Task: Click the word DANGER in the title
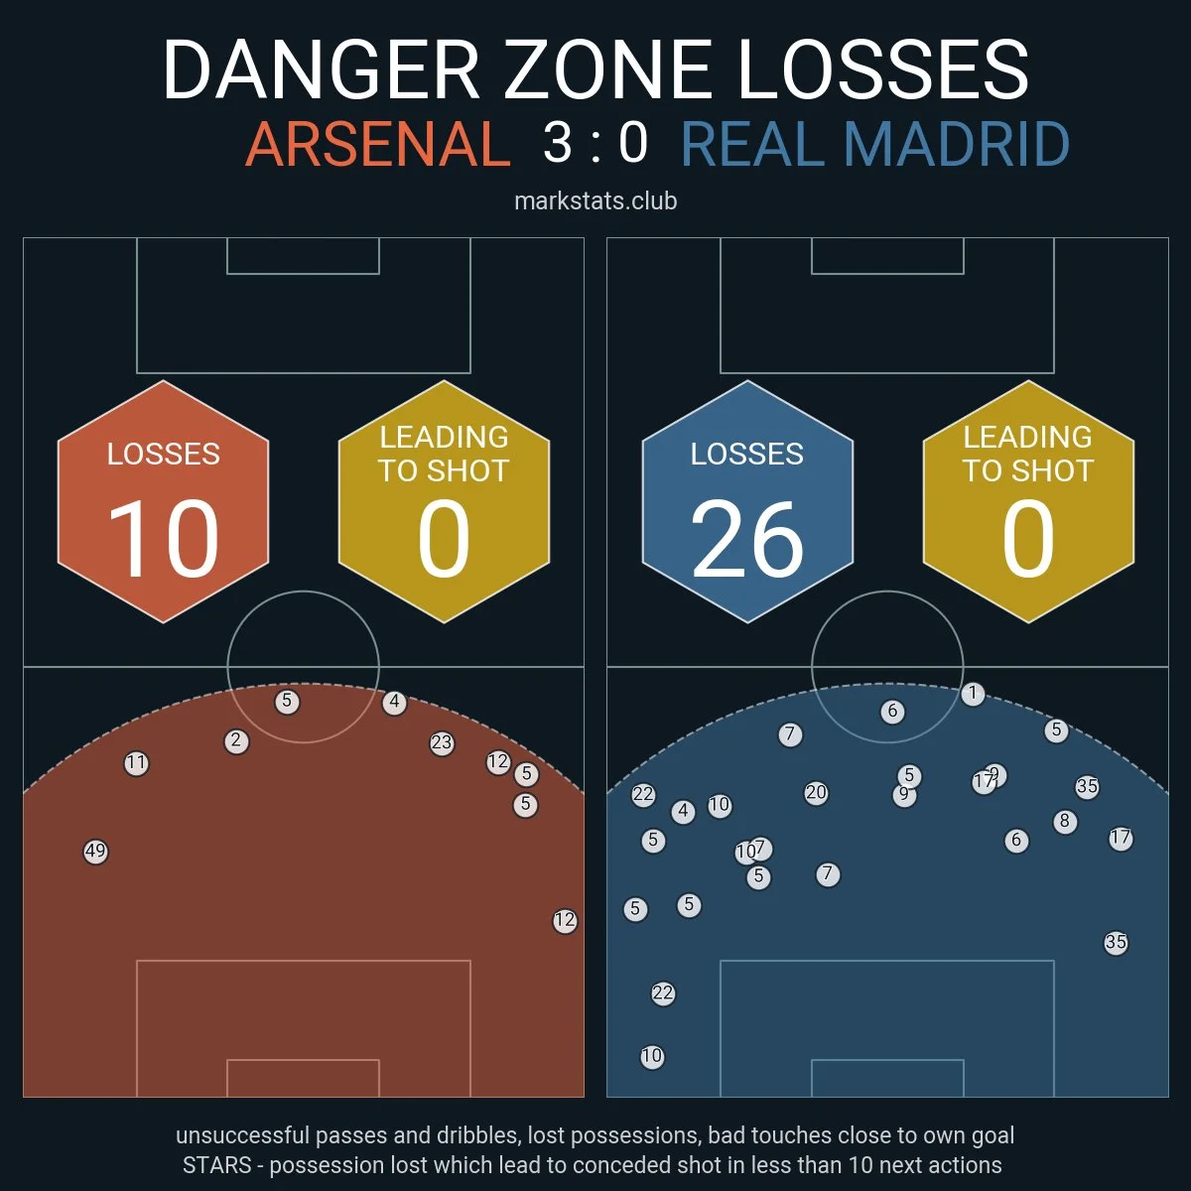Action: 321,69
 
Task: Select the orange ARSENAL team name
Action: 377,144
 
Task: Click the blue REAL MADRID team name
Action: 874,144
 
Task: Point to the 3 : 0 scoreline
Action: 595,142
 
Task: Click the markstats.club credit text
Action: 595,200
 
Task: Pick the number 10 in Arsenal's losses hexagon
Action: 163,539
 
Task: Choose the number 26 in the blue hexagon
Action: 746,539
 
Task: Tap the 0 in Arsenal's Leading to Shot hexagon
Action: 443,539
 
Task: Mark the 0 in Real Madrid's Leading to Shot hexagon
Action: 1027,539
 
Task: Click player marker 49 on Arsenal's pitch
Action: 95,852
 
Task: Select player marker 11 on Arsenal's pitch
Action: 136,763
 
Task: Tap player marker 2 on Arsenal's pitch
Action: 236,740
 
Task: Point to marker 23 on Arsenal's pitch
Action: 442,742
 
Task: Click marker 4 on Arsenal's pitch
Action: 394,703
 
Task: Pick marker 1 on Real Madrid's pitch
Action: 973,694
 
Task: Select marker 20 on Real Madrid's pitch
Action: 816,793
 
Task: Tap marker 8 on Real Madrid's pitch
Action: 1065,821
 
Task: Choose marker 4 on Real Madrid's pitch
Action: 683,812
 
